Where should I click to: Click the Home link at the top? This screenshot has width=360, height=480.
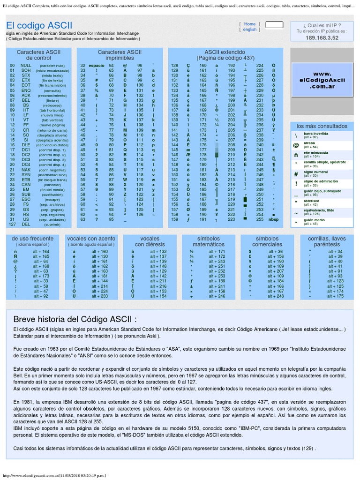click(249, 24)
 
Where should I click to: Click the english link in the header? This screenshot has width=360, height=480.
click(249, 30)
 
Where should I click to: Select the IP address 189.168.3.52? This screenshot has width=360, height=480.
click(322, 38)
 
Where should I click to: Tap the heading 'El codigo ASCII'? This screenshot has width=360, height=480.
click(39, 25)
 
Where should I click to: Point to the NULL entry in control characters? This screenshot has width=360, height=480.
click(26, 66)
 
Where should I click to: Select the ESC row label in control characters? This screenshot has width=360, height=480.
click(26, 199)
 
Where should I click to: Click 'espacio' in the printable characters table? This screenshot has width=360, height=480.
click(96, 66)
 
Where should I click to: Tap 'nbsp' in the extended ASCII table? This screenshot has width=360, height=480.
click(273, 219)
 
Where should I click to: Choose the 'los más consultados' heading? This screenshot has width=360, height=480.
click(322, 126)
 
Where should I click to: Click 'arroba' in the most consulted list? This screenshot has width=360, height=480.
click(309, 143)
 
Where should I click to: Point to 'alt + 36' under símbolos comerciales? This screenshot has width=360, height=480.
click(276, 252)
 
